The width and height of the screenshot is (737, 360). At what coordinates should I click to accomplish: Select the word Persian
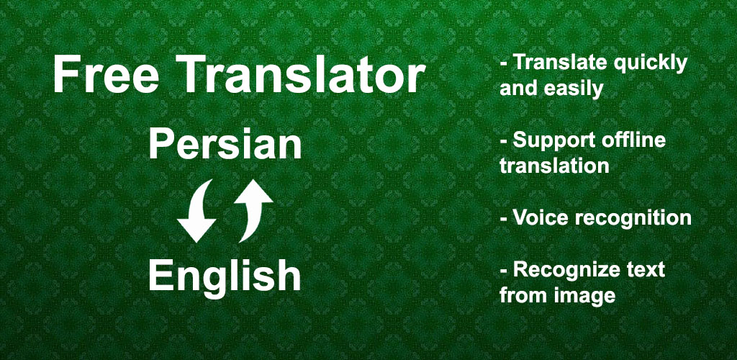pos(225,145)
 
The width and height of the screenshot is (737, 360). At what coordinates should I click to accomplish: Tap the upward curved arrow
pos(252,210)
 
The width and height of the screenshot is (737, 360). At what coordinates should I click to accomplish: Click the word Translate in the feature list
pos(559,63)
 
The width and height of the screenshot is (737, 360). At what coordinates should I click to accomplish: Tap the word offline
pos(633,140)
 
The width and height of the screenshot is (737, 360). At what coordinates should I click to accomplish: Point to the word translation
pos(554,166)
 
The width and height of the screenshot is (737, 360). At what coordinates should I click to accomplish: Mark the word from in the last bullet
pos(519,295)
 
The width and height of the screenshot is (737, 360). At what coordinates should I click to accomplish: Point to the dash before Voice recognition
pos(503,219)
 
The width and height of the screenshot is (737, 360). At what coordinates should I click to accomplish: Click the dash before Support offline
pos(503,141)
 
